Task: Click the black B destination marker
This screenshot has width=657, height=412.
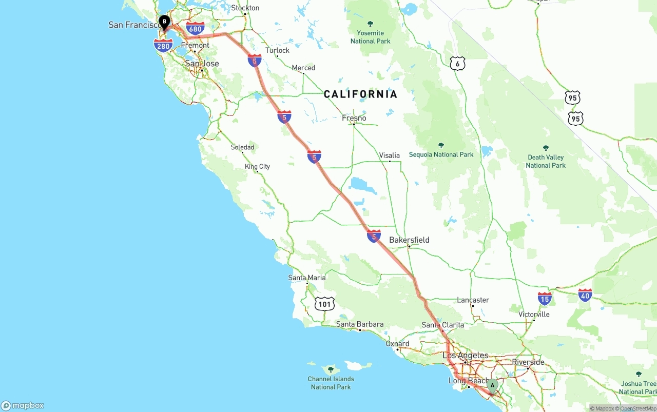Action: (x=164, y=22)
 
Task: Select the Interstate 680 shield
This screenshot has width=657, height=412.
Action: (x=195, y=29)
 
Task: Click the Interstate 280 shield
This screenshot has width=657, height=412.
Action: (x=163, y=46)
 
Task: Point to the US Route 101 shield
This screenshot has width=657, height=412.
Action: (x=324, y=304)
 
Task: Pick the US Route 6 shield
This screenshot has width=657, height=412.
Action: (x=457, y=64)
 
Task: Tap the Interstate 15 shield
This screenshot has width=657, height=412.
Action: (x=545, y=298)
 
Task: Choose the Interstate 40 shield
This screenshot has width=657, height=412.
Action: (x=585, y=295)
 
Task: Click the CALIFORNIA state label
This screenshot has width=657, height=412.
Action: (x=360, y=94)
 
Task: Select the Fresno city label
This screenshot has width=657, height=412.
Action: (x=354, y=118)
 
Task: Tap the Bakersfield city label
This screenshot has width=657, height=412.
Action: (x=409, y=240)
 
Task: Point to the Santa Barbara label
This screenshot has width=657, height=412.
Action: (x=360, y=324)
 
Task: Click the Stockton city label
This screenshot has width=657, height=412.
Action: (x=245, y=8)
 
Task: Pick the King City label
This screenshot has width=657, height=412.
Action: (x=257, y=167)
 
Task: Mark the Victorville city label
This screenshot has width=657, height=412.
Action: (x=534, y=314)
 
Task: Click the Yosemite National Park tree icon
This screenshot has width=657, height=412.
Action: (x=370, y=24)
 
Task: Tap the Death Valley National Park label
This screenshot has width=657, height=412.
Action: (x=546, y=161)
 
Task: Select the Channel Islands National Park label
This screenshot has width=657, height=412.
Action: (x=331, y=383)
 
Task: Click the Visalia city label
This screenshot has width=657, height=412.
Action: (x=389, y=155)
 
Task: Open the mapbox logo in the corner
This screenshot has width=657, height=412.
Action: (x=23, y=405)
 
